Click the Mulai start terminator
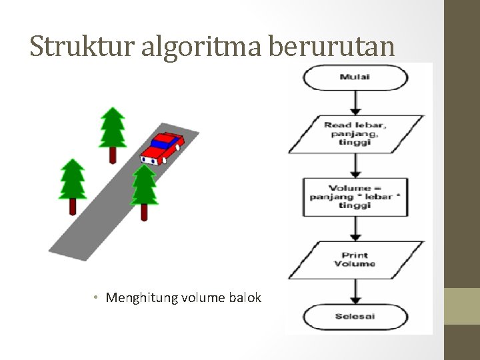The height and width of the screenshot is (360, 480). (x=355, y=77)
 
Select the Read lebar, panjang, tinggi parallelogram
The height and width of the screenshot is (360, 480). (x=355, y=133)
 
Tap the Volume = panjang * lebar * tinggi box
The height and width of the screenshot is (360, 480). (x=355, y=197)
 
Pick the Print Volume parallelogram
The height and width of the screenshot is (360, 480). (x=355, y=259)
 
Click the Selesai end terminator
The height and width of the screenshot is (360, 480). (x=355, y=316)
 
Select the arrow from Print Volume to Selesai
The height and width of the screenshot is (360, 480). (x=356, y=291)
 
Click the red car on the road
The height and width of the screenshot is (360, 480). (x=162, y=149)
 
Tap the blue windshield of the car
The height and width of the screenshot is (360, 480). (x=163, y=142)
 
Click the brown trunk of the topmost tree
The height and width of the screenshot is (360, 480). (x=113, y=155)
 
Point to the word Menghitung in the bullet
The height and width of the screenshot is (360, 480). (x=138, y=297)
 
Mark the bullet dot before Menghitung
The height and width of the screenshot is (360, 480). (x=97, y=297)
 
